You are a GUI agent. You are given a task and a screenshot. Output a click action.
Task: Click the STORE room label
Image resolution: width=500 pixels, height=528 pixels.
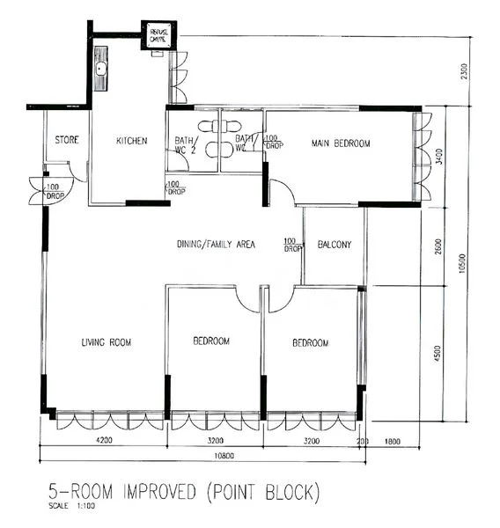(x=68, y=140)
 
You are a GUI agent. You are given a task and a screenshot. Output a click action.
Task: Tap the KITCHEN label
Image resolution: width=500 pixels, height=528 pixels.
(x=131, y=141)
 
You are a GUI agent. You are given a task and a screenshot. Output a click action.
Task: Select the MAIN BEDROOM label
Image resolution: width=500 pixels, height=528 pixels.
(x=341, y=143)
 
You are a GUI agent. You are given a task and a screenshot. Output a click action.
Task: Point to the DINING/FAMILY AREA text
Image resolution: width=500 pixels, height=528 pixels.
(x=216, y=245)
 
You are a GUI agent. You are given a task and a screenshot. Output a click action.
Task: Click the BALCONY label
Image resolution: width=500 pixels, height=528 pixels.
(x=335, y=245)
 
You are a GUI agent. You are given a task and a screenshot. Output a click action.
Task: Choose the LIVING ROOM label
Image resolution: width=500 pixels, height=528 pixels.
(x=106, y=342)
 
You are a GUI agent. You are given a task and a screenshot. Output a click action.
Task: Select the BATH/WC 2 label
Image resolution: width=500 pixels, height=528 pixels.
(x=185, y=145)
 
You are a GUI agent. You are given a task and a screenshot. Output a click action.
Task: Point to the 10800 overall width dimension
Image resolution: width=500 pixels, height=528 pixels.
(x=204, y=458)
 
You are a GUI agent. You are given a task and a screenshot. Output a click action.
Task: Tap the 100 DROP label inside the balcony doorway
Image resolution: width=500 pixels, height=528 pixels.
(x=291, y=245)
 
